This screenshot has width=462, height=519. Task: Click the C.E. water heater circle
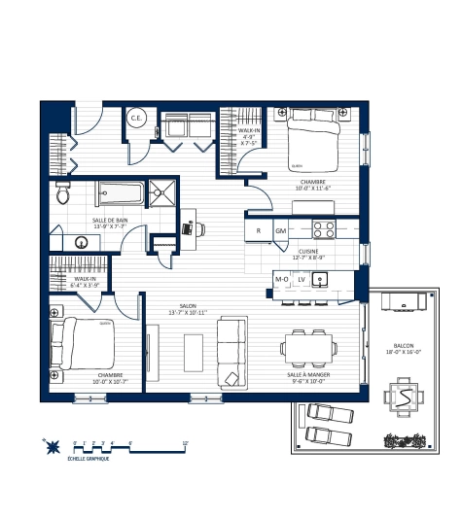point(136,120)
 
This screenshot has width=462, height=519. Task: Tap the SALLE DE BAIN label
point(110,221)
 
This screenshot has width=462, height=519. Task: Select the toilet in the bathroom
point(62,192)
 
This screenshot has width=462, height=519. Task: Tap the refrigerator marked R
point(259,231)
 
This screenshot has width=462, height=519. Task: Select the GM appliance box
point(280,231)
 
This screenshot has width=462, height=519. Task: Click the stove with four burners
point(323,230)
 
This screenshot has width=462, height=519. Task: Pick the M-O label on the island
point(282,280)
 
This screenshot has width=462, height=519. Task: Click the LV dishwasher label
point(302,280)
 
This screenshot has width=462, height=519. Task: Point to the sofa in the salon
point(231,352)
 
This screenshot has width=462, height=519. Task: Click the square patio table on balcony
point(401,397)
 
